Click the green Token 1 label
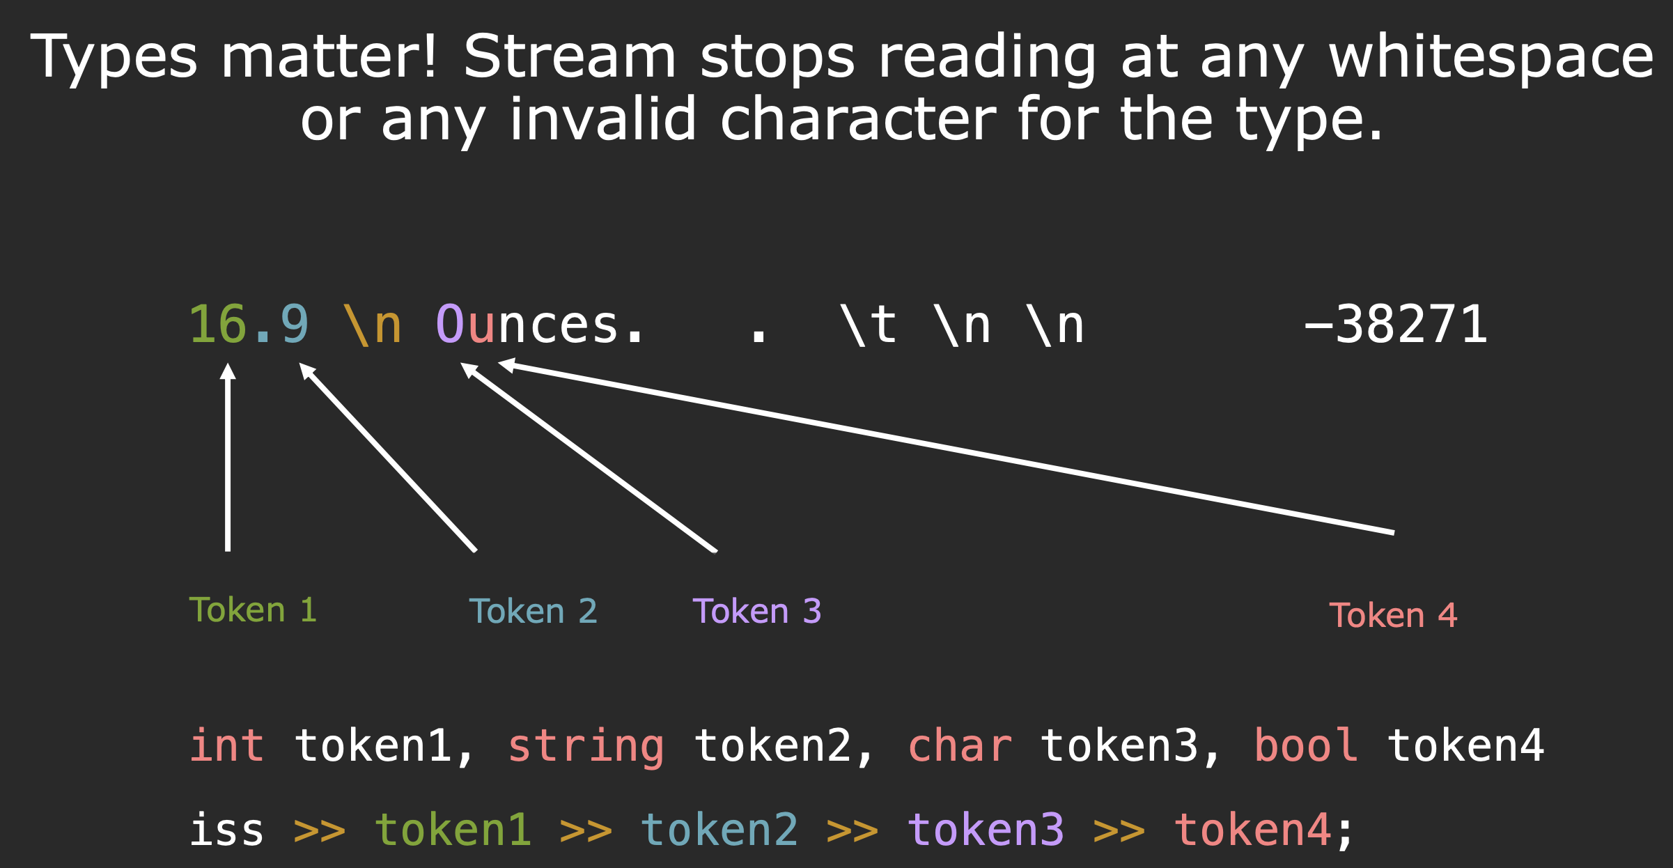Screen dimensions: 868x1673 tap(253, 610)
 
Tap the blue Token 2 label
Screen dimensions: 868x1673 tap(533, 612)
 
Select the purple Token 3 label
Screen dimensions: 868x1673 tap(757, 612)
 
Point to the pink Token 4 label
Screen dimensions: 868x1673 tap(1393, 616)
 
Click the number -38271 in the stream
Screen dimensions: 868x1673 tap(1395, 325)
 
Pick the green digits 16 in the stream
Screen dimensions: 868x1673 tap(218, 325)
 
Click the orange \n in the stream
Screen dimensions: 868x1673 tap(373, 325)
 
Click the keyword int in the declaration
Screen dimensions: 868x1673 tap(226, 745)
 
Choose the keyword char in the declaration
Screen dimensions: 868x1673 tap(960, 745)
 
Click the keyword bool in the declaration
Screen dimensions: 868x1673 tap(1306, 745)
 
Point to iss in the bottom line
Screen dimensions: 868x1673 tap(226, 829)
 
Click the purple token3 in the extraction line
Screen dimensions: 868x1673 tap(986, 829)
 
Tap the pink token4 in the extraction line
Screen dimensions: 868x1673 tap(1252, 829)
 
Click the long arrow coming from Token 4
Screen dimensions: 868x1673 tap(947, 447)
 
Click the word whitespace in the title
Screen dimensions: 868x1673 tap(1491, 57)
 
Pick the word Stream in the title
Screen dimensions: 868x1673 tap(570, 57)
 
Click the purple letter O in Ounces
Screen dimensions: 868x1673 tap(449, 325)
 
